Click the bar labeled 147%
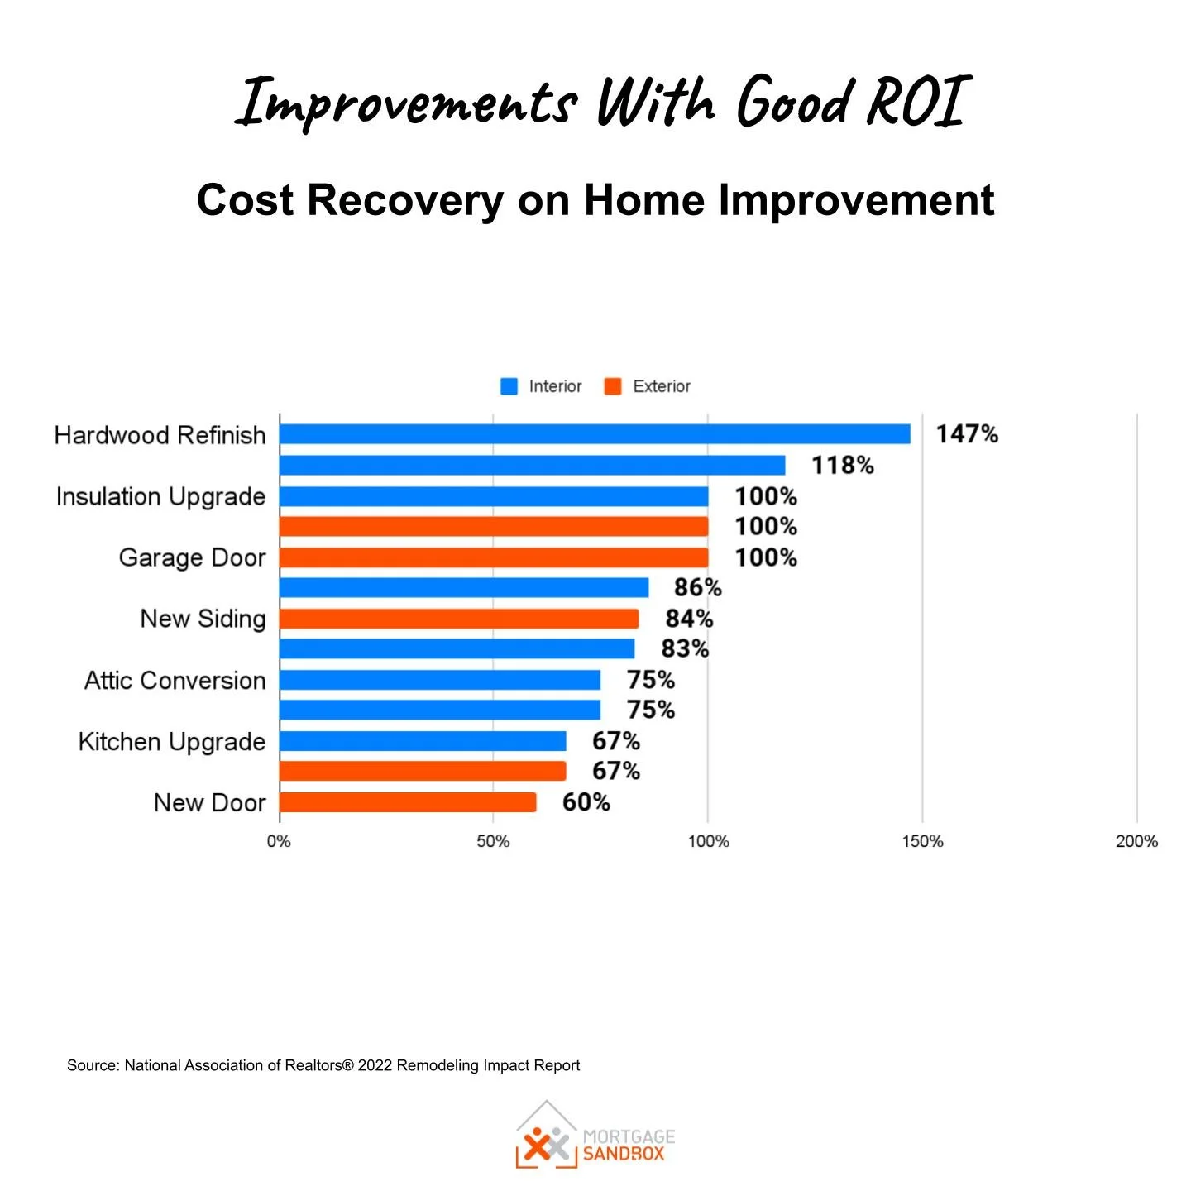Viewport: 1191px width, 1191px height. [595, 434]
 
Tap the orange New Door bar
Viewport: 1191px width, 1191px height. [408, 802]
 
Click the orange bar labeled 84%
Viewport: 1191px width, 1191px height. [459, 619]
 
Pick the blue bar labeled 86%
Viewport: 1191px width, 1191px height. [464, 588]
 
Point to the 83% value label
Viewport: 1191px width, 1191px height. [685, 648]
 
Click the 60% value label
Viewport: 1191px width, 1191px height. [586, 802]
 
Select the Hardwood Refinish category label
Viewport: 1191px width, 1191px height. [160, 435]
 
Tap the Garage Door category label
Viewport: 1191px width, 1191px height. [192, 557]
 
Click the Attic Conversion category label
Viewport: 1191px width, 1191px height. [175, 681]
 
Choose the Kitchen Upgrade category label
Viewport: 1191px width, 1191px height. [171, 742]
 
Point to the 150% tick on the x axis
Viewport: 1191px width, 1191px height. [922, 841]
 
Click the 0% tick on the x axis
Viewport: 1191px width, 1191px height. [279, 841]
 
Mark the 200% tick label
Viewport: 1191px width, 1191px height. [1136, 841]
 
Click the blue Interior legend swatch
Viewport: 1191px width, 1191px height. [509, 386]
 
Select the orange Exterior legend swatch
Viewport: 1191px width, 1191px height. [613, 386]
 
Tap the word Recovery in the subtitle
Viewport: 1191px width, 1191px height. [405, 200]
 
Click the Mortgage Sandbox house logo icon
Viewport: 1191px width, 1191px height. [547, 1136]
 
